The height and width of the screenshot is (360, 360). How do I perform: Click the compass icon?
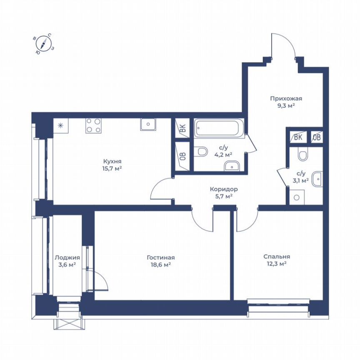pyautogui.click(x=43, y=43)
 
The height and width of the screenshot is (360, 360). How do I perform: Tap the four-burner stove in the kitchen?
pyautogui.click(x=93, y=125)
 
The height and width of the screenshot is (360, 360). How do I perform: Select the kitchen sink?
pyautogui.click(x=148, y=124)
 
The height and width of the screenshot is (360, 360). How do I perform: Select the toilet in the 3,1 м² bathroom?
pyautogui.click(x=302, y=155)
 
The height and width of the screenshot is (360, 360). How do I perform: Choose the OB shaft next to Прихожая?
pyautogui.click(x=316, y=137)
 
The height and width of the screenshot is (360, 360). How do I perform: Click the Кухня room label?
pyautogui.click(x=112, y=161)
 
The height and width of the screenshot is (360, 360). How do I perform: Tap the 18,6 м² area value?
pyautogui.click(x=160, y=265)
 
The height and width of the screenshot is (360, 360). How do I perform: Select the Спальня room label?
pyautogui.click(x=276, y=257)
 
